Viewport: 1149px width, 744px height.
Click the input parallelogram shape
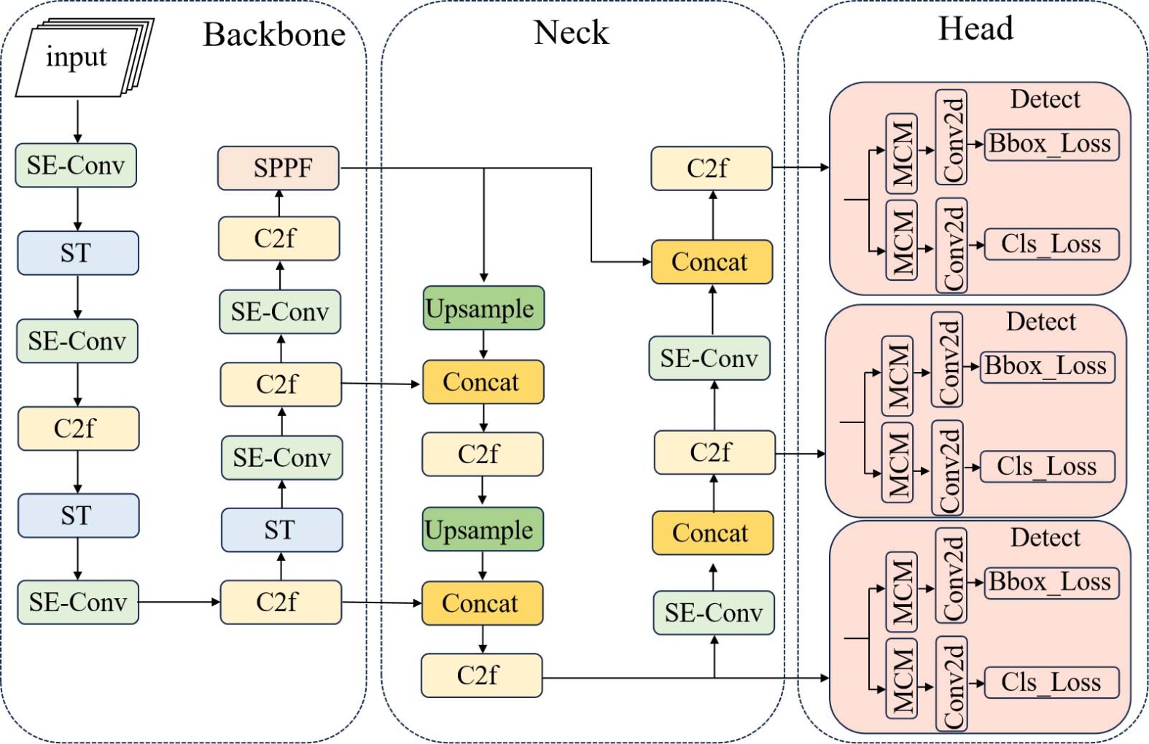pos(77,58)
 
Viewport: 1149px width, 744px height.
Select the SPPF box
pos(279,168)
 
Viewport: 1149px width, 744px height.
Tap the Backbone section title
pos(274,34)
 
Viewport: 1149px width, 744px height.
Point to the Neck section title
pos(571,32)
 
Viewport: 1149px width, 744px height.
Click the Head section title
pos(975,29)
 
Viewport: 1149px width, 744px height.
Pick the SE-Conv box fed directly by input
pos(76,166)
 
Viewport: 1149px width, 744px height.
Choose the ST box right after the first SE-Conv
pos(77,253)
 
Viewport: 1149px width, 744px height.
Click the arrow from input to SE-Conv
pos(77,121)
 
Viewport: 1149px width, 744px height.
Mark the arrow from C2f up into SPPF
pos(279,203)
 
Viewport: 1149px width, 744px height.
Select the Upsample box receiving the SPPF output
pos(483,309)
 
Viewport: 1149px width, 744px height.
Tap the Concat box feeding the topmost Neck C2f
pos(711,262)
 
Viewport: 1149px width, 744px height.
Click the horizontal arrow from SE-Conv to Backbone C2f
pos(179,602)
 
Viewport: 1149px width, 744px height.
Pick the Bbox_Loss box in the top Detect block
pos(1051,144)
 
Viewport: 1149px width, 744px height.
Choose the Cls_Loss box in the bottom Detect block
pos(1051,682)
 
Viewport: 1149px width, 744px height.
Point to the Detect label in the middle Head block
pos(1040,322)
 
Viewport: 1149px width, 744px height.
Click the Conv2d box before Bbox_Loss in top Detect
pos(951,138)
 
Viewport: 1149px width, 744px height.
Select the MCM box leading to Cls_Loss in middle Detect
pos(897,462)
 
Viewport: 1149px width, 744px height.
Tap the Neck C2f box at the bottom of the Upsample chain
pos(481,675)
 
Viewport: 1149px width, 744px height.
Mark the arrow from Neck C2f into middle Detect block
pos(800,454)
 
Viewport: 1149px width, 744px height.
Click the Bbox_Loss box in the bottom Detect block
pos(1051,582)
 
